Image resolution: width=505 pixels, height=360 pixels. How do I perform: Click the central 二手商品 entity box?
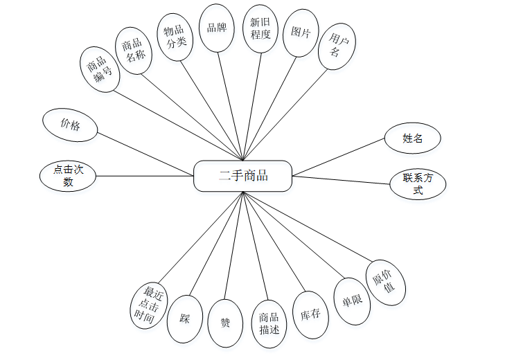click(x=243, y=176)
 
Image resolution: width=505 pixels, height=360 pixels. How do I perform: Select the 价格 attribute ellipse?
click(x=70, y=125)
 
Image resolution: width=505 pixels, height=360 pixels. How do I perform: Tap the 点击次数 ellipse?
click(x=67, y=176)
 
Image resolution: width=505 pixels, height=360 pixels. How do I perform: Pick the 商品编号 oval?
click(x=100, y=69)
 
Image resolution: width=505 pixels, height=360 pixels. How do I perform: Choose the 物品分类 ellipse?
click(x=175, y=37)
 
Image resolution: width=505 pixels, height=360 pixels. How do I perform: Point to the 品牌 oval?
click(x=217, y=28)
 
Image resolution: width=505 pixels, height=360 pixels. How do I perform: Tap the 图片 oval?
click(x=301, y=33)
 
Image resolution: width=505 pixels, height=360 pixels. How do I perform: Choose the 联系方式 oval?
click(x=417, y=183)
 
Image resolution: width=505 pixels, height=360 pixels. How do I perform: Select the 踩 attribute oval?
click(x=186, y=318)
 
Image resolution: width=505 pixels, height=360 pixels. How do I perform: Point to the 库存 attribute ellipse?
click(x=310, y=314)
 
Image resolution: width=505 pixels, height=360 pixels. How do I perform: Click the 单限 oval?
click(x=352, y=301)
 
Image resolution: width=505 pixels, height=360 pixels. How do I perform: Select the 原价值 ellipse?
click(x=385, y=282)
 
